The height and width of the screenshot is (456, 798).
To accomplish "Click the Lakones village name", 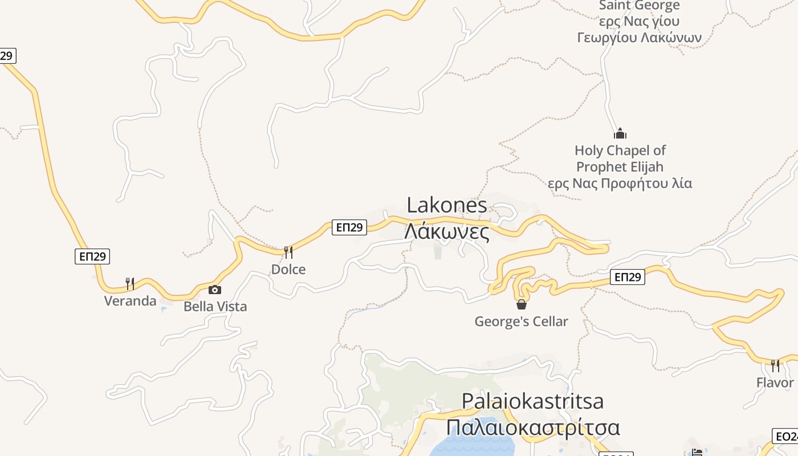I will coord(447,205).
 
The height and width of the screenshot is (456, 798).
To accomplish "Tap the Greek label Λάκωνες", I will coord(447,232).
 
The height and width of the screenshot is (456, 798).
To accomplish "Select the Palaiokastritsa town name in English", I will coord(532,401).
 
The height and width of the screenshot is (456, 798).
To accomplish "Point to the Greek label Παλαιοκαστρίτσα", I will coord(532,427).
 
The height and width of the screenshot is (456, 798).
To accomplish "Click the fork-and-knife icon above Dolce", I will coord(288,252).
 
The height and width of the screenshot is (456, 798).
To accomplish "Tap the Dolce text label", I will coord(288,269).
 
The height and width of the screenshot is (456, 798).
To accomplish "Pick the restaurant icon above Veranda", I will coord(130,283).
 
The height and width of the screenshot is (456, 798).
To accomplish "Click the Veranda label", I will coord(130,300).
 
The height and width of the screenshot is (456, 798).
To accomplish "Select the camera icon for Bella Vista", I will coord(215,290).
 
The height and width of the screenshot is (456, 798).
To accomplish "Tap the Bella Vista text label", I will coord(215,307).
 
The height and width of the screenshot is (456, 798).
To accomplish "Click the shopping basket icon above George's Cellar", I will coord(522,304).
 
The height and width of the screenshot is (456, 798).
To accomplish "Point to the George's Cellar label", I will coord(522,321).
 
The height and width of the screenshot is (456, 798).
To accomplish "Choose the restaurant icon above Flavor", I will coord(775,365).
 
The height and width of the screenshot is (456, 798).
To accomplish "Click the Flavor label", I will coord(775,382).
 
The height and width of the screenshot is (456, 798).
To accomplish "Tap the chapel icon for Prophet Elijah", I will coord(620,134).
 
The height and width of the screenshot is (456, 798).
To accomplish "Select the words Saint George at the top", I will coord(639,6).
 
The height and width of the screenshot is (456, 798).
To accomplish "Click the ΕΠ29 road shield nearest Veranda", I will coord(92,256).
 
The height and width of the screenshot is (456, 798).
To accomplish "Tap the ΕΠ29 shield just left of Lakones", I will coord(349,227).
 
